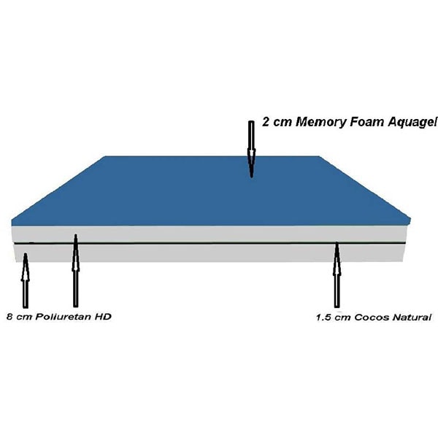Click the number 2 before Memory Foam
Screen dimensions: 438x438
click(266, 122)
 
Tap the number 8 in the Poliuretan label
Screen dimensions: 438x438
click(9, 317)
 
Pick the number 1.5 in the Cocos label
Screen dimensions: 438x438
click(323, 318)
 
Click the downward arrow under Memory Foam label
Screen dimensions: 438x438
click(252, 149)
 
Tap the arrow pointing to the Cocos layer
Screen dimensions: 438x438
click(337, 275)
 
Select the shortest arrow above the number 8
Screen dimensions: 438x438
click(26, 280)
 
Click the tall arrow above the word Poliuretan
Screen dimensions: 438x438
click(75, 270)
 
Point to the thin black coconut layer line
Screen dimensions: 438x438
click(210, 244)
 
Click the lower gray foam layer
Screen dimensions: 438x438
click(210, 253)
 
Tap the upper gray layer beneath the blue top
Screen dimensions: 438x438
click(210, 234)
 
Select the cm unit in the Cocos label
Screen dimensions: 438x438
click(342, 318)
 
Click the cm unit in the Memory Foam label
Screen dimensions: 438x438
click(283, 123)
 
